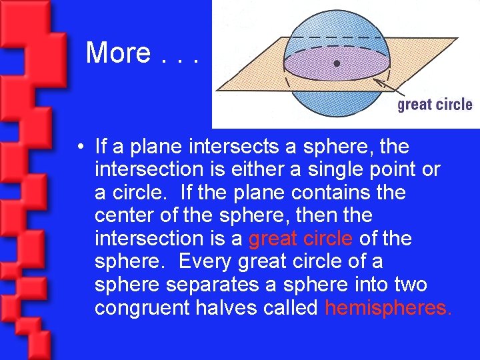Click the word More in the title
[118, 53]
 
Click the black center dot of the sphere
[337, 63]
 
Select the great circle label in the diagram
[435, 105]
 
